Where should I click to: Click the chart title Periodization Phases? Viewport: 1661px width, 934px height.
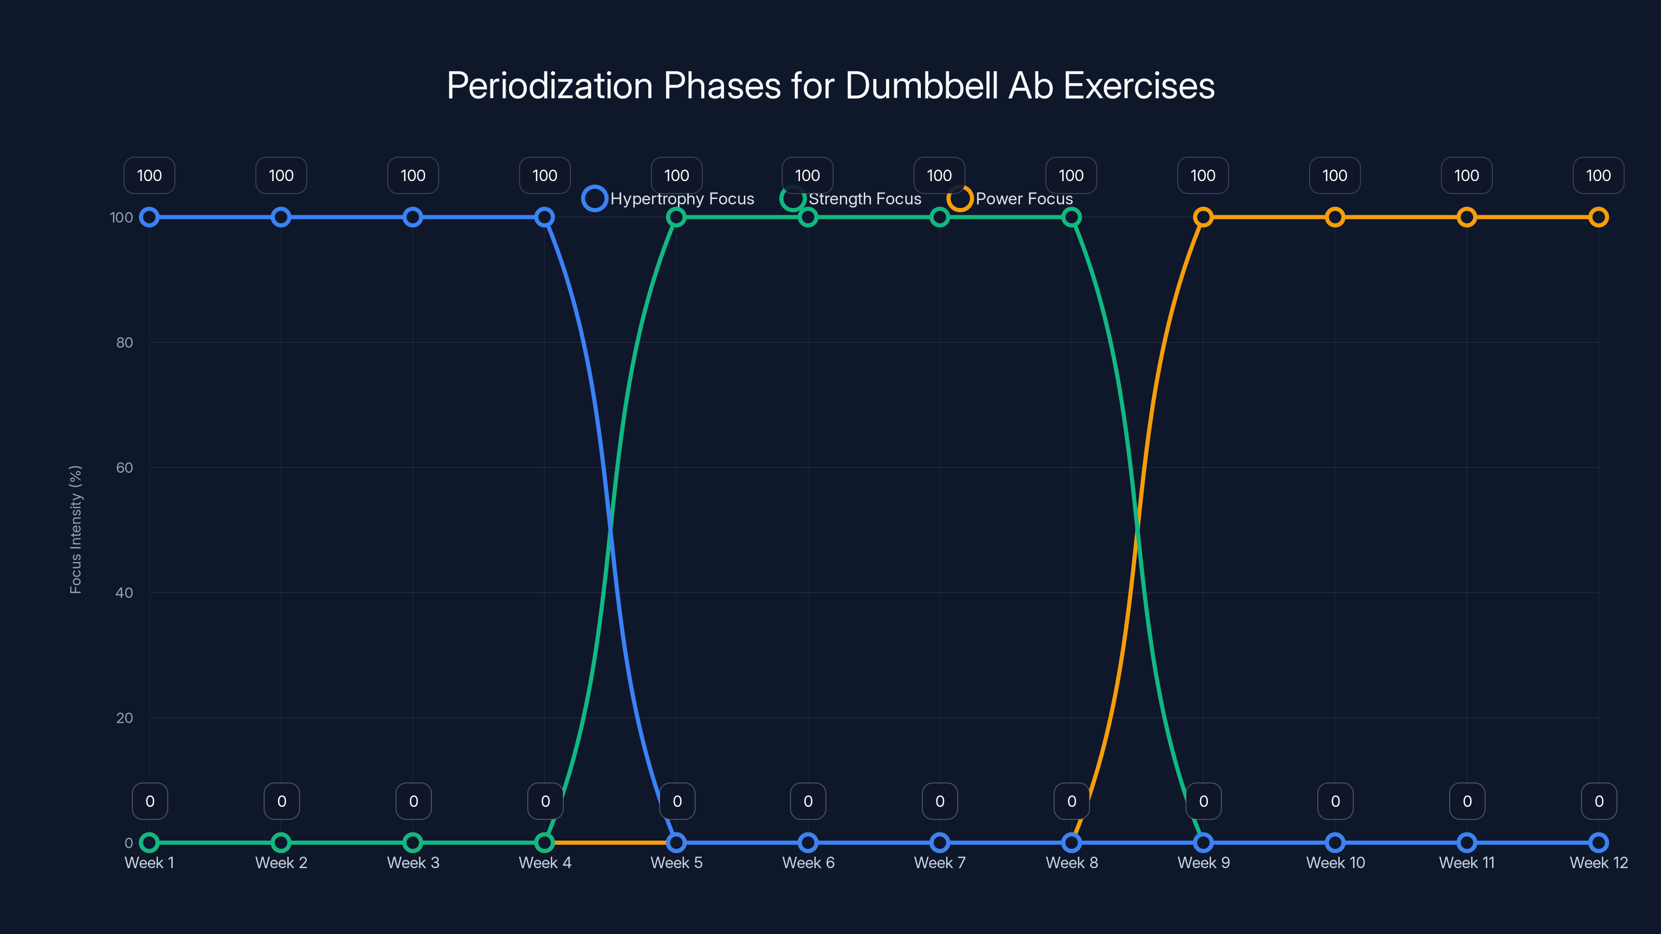tap(830, 86)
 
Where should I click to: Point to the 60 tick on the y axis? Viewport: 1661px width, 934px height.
tap(125, 468)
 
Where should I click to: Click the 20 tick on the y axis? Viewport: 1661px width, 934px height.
tap(125, 718)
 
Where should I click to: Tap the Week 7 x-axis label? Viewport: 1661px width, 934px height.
tap(940, 862)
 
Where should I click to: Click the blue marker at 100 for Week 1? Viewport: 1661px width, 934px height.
tap(149, 217)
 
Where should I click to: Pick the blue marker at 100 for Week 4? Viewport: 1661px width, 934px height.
tap(544, 217)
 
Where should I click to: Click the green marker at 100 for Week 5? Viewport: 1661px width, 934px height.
tap(676, 217)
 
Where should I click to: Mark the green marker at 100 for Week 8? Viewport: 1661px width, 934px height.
tap(1071, 217)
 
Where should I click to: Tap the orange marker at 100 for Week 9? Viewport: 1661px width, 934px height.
tap(1203, 217)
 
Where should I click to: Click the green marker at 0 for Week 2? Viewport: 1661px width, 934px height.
tap(280, 843)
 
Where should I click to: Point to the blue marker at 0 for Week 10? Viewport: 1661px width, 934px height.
tap(1335, 843)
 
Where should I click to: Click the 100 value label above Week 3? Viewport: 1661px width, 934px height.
tap(413, 175)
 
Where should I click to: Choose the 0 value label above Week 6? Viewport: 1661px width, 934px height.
tap(808, 801)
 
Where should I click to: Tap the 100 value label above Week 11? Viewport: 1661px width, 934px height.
tap(1466, 175)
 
